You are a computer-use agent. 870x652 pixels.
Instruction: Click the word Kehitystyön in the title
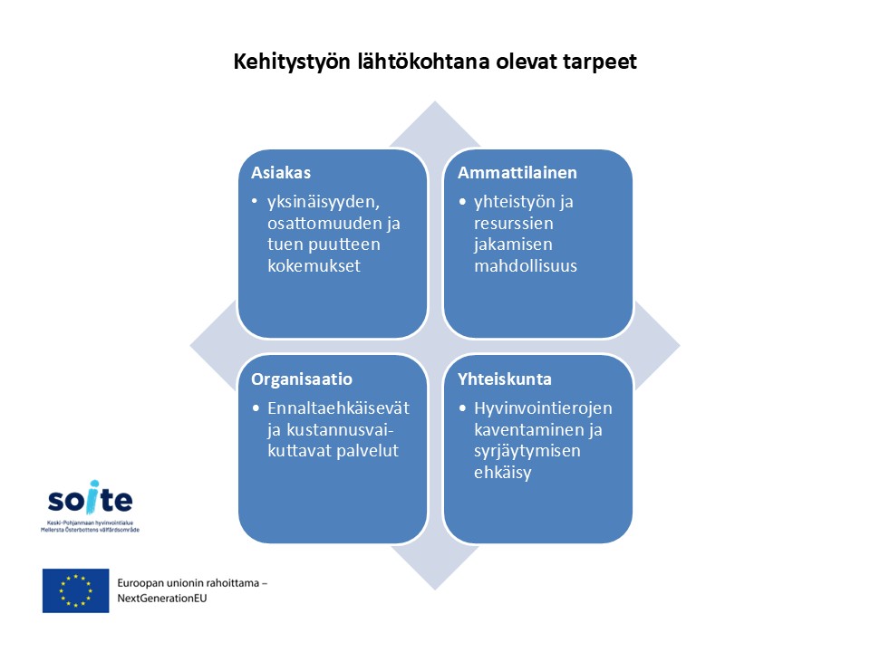[292, 62]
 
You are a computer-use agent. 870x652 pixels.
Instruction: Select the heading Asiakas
[281, 172]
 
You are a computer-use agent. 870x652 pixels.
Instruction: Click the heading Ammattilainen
[517, 172]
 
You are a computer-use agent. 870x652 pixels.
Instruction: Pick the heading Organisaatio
[301, 379]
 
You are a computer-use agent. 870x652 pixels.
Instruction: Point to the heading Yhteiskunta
[505, 379]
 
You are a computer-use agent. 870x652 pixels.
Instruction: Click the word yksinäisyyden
[324, 202]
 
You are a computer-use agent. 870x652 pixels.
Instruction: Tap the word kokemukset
[314, 265]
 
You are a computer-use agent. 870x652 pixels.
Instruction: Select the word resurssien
[513, 224]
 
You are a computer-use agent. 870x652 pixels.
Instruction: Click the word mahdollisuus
[526, 265]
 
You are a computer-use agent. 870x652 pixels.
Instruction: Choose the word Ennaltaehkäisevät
[338, 408]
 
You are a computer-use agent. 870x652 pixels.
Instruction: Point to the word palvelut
[367, 451]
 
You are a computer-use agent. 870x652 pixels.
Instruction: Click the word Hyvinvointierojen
[543, 408]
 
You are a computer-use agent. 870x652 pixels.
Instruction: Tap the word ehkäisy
[503, 473]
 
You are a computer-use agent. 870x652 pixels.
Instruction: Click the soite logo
[90, 505]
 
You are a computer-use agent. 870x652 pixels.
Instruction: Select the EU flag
[75, 590]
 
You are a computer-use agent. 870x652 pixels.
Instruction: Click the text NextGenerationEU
[162, 599]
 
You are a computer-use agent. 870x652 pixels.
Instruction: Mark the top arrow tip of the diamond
[435, 101]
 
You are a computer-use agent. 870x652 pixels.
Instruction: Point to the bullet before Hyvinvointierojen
[462, 408]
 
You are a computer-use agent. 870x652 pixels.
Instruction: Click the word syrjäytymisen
[527, 451]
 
